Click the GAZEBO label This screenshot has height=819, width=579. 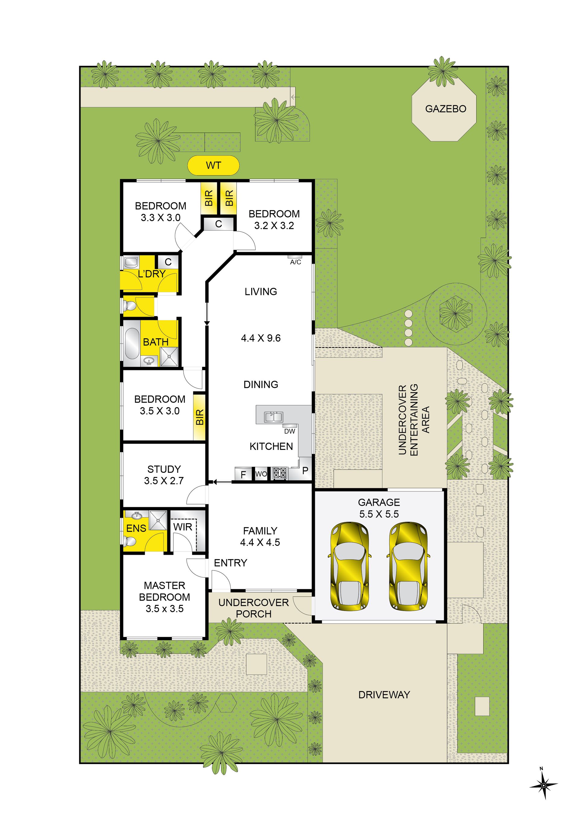(446, 109)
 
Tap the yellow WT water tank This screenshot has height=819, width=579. (213, 165)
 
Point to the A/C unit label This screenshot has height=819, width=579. (296, 262)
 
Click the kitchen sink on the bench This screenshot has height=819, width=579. (274, 417)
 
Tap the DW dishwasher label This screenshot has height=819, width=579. (290, 431)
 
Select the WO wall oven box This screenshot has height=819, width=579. (261, 474)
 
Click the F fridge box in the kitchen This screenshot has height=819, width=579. (244, 474)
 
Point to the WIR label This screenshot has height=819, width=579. (183, 527)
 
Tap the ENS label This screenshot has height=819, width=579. (136, 528)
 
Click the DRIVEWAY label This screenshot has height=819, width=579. (384, 694)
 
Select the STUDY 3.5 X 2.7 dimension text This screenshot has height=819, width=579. (164, 481)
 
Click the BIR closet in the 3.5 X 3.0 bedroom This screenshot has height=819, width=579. (199, 417)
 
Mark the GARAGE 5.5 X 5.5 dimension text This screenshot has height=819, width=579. (379, 514)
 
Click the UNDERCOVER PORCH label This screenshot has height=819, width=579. (254, 608)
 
